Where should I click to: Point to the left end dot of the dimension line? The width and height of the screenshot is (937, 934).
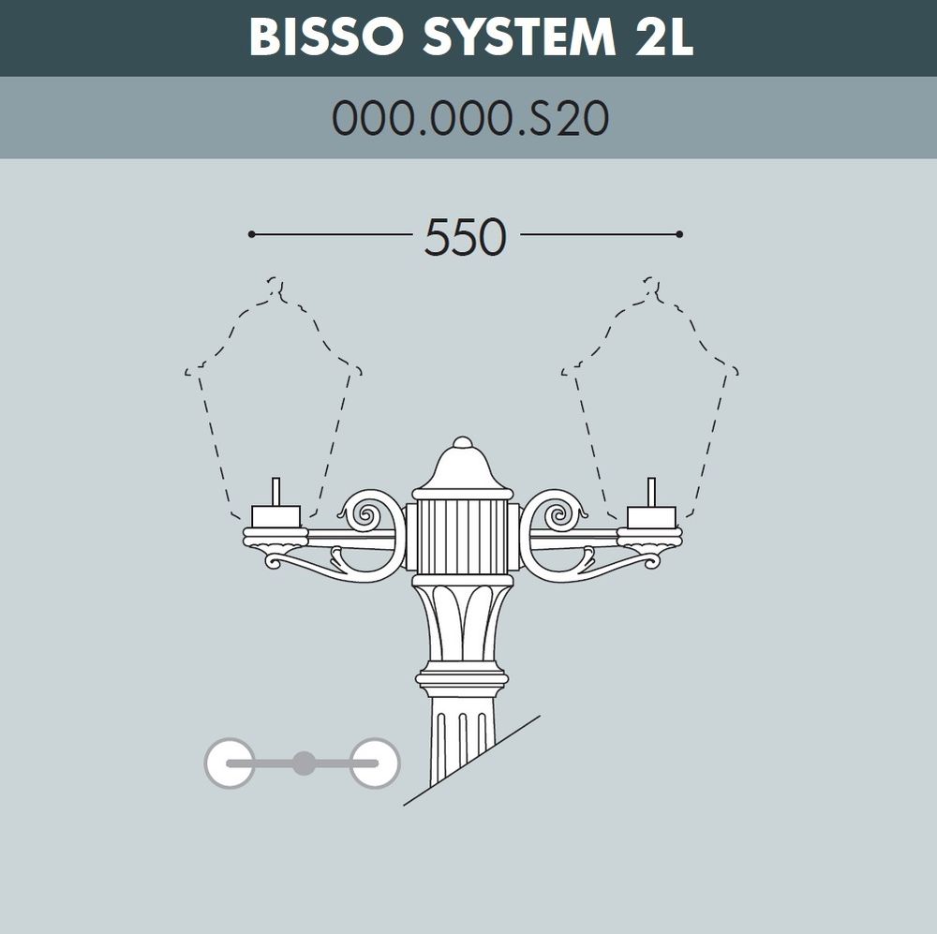[251, 233]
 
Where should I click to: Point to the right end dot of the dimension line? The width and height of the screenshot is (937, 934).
[679, 233]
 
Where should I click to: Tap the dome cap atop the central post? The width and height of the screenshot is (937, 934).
[463, 468]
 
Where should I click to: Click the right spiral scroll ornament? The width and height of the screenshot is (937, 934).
[562, 513]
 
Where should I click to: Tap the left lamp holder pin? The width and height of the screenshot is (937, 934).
[275, 492]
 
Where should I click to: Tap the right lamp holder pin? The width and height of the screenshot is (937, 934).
[652, 492]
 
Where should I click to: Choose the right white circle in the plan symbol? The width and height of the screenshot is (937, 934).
[375, 763]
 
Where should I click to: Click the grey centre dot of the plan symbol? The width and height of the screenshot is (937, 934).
[303, 763]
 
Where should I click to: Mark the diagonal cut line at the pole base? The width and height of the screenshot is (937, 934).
[473, 760]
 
